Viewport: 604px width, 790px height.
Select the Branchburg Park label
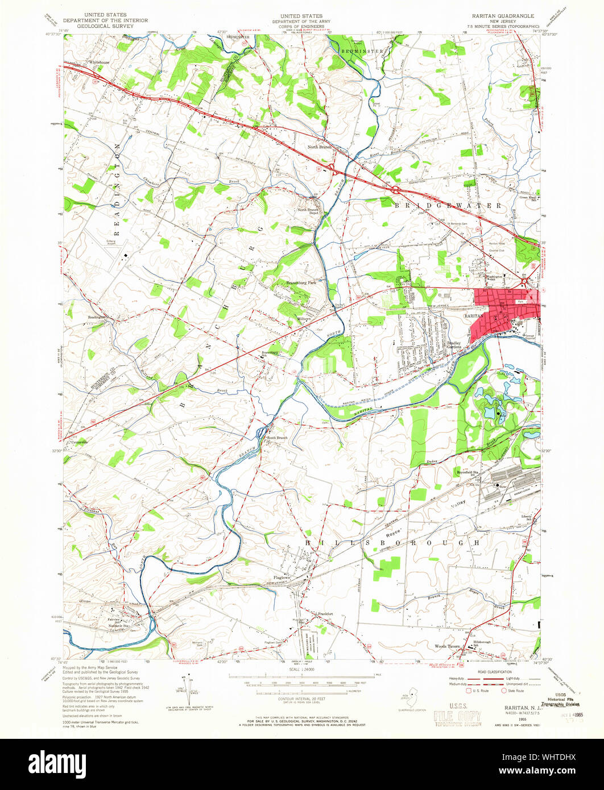click(x=301, y=282)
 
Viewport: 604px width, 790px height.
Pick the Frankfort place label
click(x=326, y=614)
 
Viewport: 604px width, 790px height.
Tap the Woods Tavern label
click(x=447, y=646)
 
